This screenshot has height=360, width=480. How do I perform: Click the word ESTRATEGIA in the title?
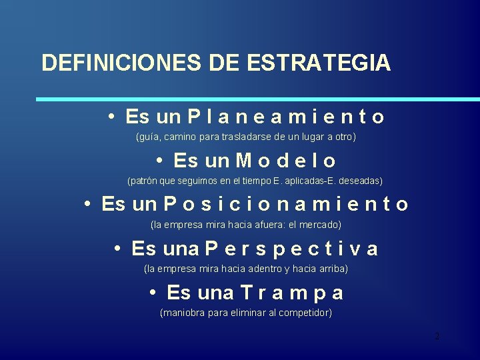tap(319, 63)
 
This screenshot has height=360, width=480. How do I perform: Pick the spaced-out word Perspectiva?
tap(291, 249)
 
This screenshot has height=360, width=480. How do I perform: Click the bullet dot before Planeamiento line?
tap(113, 117)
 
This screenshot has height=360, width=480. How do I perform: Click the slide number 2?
tap(437, 336)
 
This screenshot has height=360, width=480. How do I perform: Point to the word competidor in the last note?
tap(307, 313)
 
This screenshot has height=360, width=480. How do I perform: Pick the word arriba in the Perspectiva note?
tap(332, 269)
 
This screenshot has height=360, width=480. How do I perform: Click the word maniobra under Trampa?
tap(182, 313)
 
